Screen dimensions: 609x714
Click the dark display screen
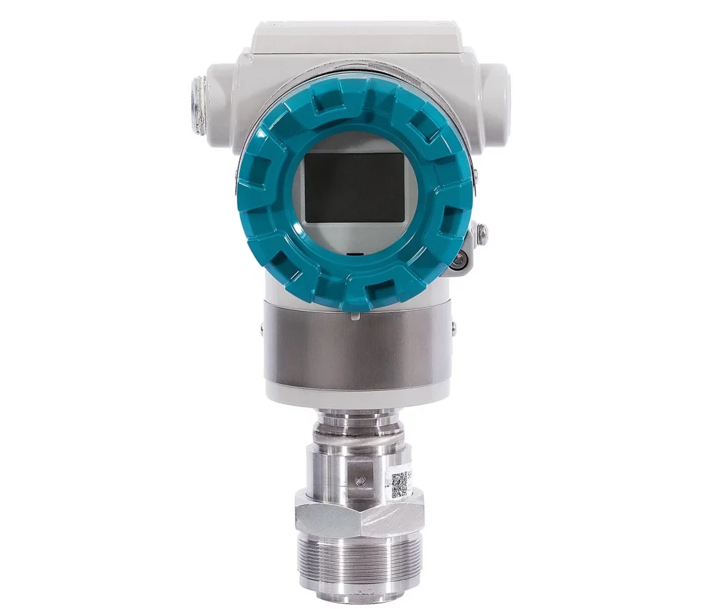pyautogui.click(x=356, y=187)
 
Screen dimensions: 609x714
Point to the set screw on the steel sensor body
pyautogui.click(x=360, y=479)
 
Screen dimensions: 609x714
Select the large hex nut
pyautogui.click(x=359, y=514)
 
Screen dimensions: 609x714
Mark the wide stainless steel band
pyautogui.click(x=357, y=348)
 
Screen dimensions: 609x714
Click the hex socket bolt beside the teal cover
pyautogui.click(x=458, y=261)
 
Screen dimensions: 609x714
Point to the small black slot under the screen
pyautogui.click(x=354, y=255)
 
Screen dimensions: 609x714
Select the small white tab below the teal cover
pyautogui.click(x=355, y=316)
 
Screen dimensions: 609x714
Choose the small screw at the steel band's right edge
pyautogui.click(x=454, y=327)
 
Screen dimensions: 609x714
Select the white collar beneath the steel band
pyautogui.click(x=357, y=394)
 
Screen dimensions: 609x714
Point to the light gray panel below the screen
pyautogui.click(x=354, y=237)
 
